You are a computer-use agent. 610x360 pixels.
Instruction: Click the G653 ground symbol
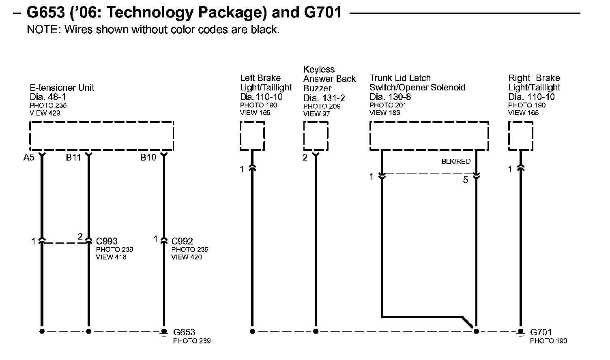point(164,332)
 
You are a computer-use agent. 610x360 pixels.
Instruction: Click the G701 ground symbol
point(521,332)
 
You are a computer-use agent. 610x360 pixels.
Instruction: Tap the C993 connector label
point(107,241)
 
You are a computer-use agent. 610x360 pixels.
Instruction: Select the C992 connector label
point(182,241)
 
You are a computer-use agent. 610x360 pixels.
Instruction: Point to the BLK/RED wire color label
point(456,162)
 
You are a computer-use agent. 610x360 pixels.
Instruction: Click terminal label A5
point(28,158)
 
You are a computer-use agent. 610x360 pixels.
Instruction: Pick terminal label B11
point(73,158)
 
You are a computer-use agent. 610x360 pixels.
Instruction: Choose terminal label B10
point(148,158)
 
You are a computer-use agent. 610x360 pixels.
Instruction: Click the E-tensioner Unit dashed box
point(101,136)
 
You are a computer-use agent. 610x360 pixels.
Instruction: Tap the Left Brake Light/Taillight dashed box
point(252,136)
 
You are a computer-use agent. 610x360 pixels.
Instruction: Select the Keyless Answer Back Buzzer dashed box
point(316,136)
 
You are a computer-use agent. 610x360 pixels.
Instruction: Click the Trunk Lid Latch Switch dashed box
point(429,136)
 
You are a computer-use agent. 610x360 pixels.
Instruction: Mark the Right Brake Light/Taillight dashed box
point(521,136)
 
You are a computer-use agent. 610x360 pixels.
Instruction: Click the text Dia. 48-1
point(48,97)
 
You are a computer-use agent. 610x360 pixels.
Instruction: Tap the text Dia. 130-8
point(390,97)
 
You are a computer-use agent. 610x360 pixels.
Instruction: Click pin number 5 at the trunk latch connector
point(466,180)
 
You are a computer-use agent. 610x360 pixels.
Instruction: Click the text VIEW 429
point(45,113)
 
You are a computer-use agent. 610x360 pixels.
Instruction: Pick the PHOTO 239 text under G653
point(192,341)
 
